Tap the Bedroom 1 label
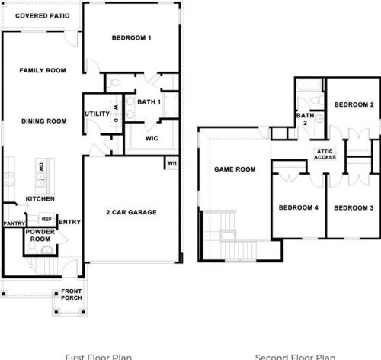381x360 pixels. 132,38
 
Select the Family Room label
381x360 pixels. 43,70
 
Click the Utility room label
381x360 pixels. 97,114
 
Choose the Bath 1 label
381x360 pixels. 149,101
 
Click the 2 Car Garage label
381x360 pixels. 131,212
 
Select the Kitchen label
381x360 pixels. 39,198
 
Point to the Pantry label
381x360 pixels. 14,223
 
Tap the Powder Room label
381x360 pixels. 40,235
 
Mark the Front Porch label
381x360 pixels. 72,294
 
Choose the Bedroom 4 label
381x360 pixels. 297,208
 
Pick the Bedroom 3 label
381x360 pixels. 353,208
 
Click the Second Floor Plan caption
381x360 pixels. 295,356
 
